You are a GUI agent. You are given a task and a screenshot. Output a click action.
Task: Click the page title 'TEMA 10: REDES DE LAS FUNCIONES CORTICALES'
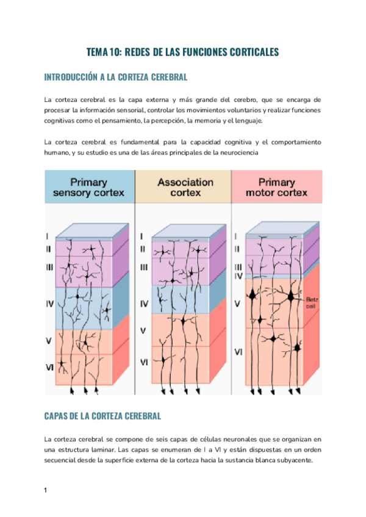[182, 52]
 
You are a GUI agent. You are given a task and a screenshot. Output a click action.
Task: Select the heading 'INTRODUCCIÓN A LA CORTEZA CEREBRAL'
[116, 77]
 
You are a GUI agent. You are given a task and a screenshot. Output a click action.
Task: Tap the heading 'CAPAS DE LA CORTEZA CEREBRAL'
[102, 416]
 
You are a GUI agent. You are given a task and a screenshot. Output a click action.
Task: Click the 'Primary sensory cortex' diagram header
[89, 188]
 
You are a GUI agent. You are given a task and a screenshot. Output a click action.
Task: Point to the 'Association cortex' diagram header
[185, 188]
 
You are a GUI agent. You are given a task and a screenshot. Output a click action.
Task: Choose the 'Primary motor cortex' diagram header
[277, 188]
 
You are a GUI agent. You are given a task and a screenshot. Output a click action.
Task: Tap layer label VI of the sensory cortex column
[49, 367]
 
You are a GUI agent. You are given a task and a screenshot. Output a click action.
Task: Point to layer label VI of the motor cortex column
[238, 352]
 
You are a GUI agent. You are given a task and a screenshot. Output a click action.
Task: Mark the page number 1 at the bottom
[46, 490]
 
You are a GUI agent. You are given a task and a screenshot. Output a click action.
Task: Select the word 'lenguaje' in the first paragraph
[245, 121]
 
